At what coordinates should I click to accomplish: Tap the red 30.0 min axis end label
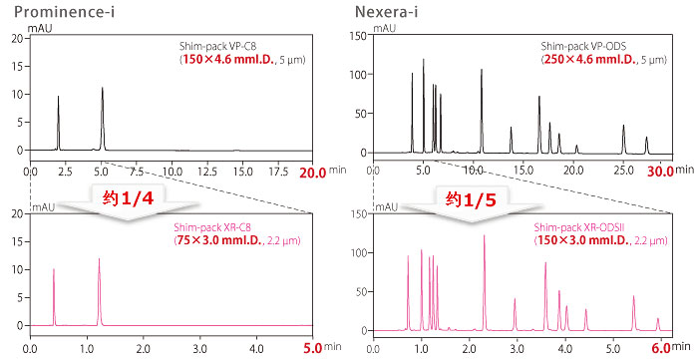(659, 172)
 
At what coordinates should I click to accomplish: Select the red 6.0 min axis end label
(660, 348)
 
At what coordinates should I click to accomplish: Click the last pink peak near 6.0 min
(657, 320)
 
